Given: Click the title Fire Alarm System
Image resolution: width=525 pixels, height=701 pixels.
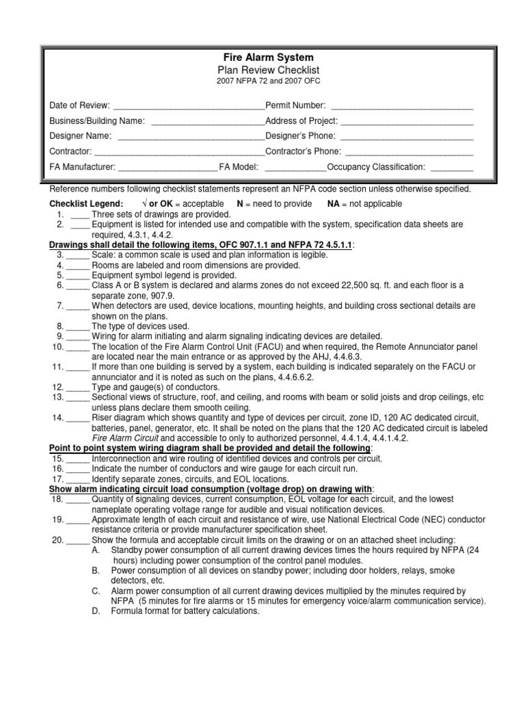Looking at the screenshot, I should click(262, 58).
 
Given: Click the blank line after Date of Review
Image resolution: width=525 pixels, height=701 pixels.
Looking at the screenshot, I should click(189, 106).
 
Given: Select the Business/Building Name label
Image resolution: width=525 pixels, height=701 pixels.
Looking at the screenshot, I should click(97, 121).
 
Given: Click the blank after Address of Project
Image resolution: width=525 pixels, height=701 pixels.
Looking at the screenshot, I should click(407, 121).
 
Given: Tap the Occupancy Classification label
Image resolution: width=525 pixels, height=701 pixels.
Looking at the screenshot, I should click(376, 166).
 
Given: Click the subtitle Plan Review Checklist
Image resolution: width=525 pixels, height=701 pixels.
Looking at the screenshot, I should click(262, 71).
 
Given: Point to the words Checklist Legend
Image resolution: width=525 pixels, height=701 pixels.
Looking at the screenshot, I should click(87, 204).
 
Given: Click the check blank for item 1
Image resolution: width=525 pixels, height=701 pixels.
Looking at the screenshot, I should click(80, 215).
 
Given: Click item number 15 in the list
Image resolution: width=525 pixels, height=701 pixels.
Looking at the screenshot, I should click(57, 458).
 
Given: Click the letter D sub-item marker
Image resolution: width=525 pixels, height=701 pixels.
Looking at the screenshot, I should click(96, 611).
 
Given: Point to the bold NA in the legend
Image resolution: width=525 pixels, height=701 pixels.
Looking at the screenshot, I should click(334, 204).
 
